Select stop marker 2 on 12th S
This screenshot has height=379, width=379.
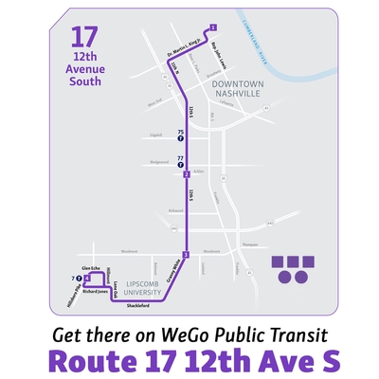188,174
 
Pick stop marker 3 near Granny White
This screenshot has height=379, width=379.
187,255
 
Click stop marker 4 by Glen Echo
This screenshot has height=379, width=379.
87,279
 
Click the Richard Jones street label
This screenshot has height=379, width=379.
97,292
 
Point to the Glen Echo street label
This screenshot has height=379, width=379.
91,269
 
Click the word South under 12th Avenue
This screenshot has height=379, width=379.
84,81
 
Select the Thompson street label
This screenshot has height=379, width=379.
249,244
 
